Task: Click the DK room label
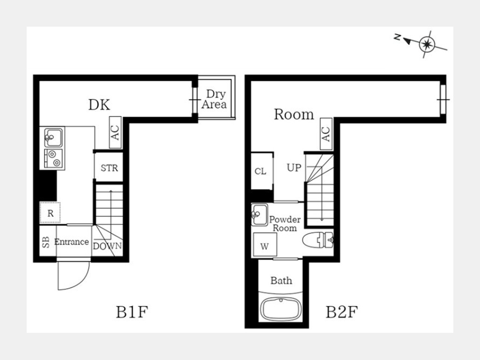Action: point(99,105)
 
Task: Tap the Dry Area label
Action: point(214,99)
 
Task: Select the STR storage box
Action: point(109,167)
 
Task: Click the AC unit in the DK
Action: point(115,132)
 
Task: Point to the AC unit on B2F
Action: point(326,134)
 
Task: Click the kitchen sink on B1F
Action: point(53,138)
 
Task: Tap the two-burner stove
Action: point(53,158)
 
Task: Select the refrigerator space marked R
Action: point(50,213)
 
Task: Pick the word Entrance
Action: point(71,242)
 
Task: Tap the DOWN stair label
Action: point(107,246)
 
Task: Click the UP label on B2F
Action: point(294,167)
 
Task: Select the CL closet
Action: point(262,171)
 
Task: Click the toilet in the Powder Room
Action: point(318,239)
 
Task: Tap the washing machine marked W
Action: point(265,245)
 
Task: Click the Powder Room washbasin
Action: point(259,214)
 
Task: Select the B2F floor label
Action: point(342,312)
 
